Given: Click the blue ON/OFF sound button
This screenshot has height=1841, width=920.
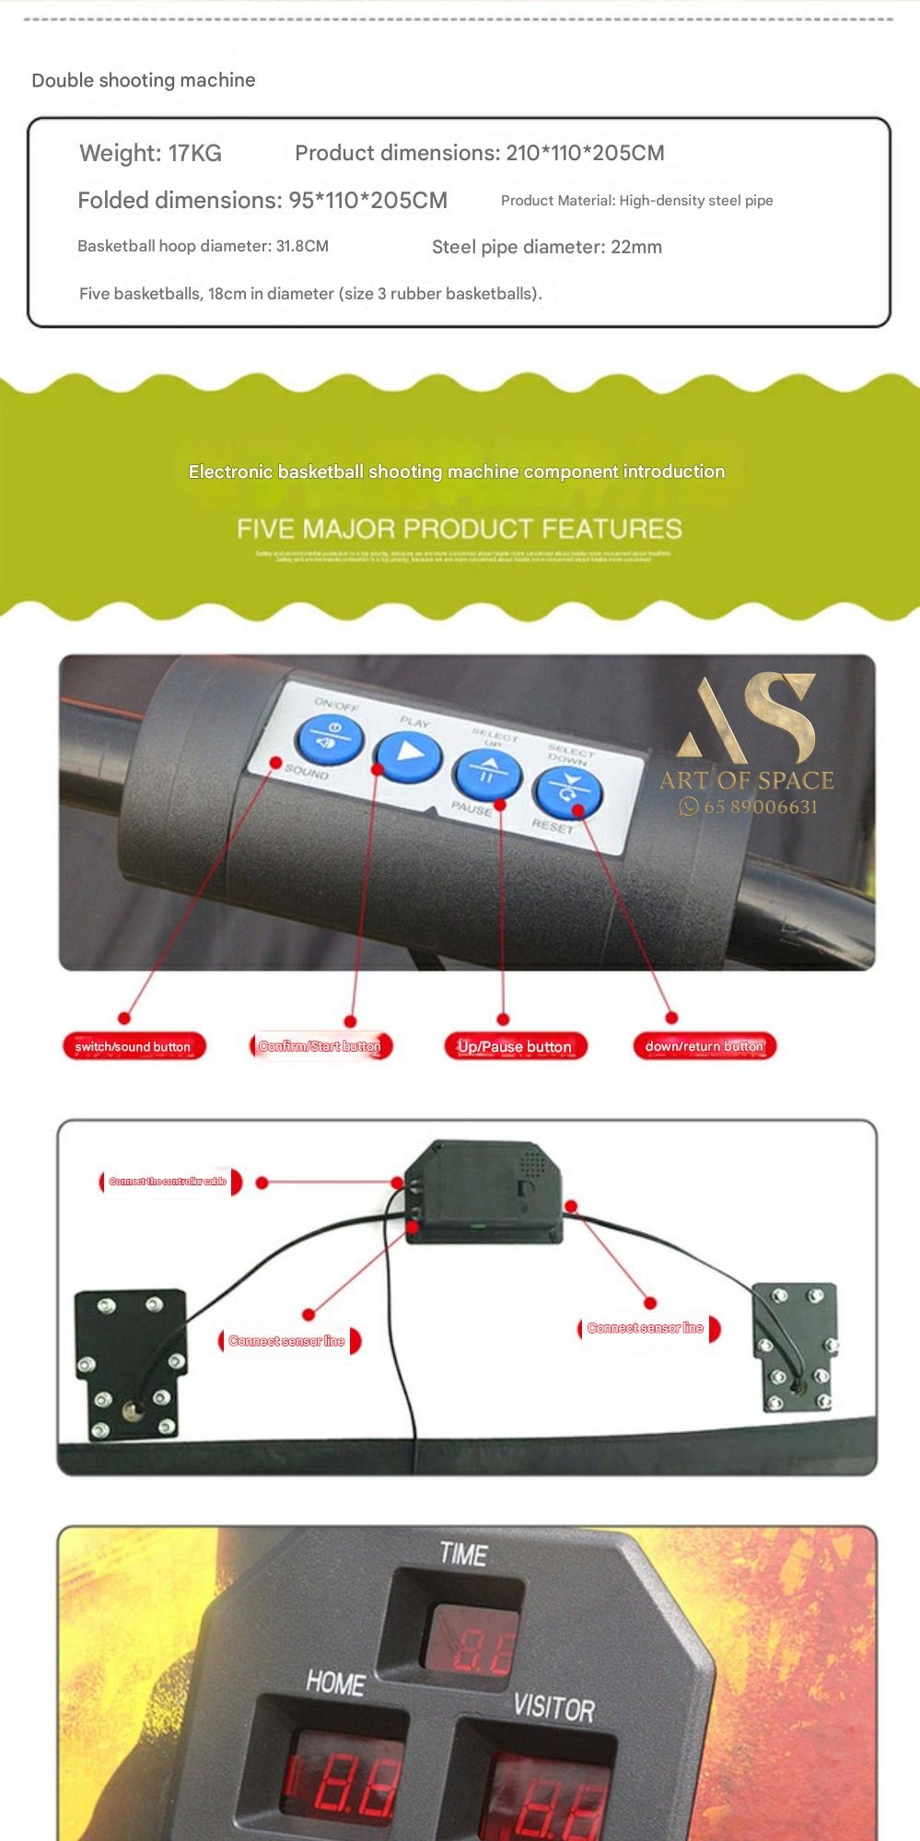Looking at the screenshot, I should (329, 739).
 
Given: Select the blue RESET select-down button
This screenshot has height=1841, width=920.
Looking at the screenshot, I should (567, 791).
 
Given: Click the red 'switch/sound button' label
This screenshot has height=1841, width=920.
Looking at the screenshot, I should (134, 1046).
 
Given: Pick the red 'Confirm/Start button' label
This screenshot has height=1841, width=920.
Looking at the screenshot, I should (320, 1046).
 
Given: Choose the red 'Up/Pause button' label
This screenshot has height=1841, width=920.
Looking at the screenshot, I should (515, 1046).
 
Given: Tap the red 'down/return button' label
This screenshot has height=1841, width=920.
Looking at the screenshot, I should (705, 1046).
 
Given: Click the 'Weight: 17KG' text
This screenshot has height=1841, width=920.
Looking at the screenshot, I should (150, 153).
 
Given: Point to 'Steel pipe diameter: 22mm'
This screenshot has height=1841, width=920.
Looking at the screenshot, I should (546, 247).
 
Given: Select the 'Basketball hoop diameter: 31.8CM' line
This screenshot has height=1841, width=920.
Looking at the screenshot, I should (203, 247).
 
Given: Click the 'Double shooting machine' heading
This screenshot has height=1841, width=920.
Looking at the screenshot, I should (144, 80).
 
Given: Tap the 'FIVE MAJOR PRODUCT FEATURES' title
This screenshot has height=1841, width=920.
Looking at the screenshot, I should (459, 529).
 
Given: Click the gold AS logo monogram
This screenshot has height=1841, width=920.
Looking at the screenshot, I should (747, 717).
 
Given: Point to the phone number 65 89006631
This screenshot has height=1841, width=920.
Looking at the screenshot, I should (760, 807).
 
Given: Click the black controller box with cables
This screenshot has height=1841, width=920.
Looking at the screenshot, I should (483, 1192).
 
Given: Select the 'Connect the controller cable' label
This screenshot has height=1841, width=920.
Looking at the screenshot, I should (169, 1182).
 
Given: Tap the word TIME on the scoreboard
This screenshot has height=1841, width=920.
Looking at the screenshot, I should (462, 1555).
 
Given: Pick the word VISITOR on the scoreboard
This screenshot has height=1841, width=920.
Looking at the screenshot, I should (553, 1707).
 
